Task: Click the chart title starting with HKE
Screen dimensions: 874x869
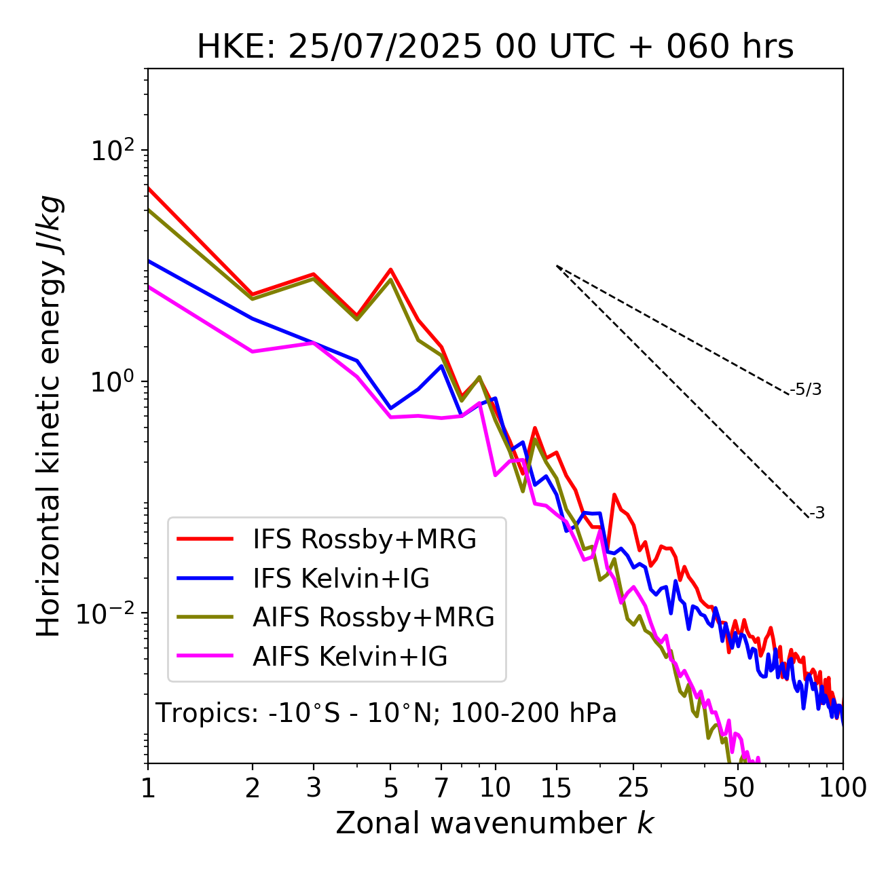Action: (495, 47)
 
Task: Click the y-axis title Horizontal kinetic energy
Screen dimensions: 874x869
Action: (50, 416)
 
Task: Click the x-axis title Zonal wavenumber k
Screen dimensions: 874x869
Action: (495, 823)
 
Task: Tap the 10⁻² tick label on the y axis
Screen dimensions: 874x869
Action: (109, 613)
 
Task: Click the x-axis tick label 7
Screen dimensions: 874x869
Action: (441, 788)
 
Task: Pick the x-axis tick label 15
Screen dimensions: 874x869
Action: (557, 788)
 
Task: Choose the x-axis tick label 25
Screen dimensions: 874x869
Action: (633, 788)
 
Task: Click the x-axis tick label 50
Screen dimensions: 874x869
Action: (739, 788)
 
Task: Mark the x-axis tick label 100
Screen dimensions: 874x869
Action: (843, 788)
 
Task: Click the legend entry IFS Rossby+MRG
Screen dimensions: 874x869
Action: (365, 539)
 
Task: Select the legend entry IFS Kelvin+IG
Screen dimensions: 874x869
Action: (341, 578)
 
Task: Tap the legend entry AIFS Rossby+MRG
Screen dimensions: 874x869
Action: (373, 617)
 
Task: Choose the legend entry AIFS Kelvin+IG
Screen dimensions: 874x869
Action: (350, 656)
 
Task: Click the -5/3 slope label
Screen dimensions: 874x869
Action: (806, 389)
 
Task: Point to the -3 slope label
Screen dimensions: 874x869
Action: (817, 514)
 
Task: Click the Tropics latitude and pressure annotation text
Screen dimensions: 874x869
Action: (386, 714)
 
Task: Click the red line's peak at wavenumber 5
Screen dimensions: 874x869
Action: (390, 269)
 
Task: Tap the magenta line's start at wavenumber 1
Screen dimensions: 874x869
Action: (149, 286)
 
